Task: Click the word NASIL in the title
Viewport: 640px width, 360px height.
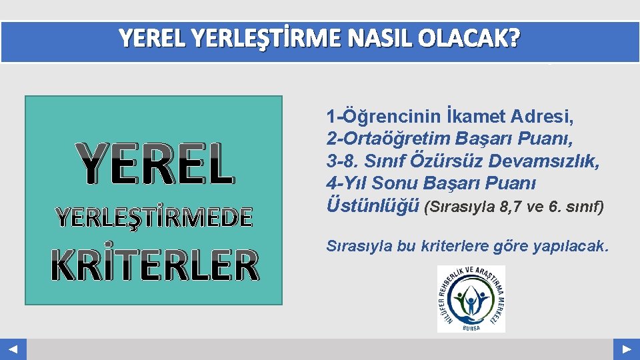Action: pos(387,40)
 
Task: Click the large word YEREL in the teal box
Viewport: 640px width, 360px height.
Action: pos(155,165)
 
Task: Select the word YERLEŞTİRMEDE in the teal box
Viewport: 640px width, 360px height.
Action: pos(155,217)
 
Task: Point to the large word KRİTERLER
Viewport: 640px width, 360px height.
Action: pos(155,265)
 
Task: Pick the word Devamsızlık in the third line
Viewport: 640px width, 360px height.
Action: pos(537,161)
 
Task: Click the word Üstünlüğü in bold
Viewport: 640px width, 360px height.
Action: pos(373,205)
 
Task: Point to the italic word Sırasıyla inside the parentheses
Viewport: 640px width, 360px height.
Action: pos(461,207)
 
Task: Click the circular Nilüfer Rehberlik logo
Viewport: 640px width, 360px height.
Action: pos(471,298)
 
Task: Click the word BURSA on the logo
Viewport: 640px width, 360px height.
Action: pos(471,326)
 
